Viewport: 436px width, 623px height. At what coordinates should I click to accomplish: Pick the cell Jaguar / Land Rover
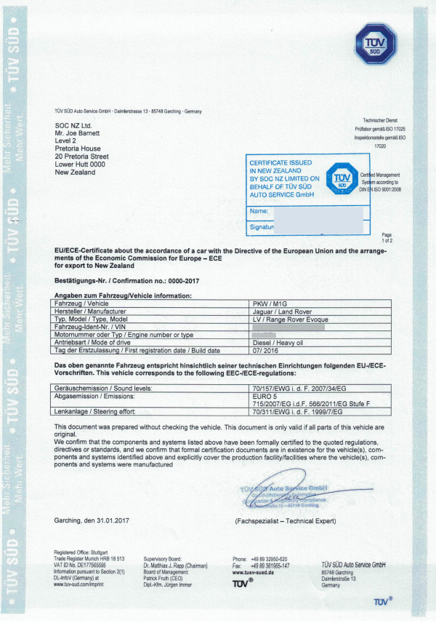281,311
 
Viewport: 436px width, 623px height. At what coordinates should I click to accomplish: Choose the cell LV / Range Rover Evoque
289,320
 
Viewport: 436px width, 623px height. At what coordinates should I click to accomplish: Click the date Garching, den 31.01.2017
94,520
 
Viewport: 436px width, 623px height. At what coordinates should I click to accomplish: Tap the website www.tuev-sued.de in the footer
252,573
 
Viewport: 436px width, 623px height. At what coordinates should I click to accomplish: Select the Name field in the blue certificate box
305,211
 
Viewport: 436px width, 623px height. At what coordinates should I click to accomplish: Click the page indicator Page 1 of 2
386,237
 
